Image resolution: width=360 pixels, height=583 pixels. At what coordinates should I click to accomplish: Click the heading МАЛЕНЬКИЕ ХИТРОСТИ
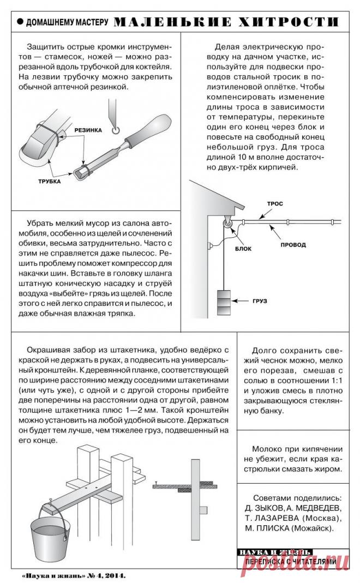[x=225, y=22]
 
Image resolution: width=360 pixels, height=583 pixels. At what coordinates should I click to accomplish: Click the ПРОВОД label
[x=293, y=245]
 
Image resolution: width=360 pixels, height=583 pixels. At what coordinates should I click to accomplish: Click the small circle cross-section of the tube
[x=115, y=130]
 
